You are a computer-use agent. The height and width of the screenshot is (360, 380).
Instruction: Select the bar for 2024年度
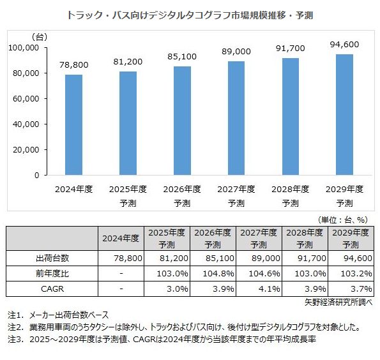tap(73, 125)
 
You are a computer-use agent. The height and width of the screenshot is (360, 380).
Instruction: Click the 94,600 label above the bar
tap(344, 45)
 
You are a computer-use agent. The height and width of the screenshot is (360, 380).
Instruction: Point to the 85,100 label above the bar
tap(181, 57)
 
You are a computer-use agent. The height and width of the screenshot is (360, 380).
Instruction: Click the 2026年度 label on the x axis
tap(181, 190)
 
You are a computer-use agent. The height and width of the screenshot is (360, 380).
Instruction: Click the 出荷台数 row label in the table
tap(52, 257)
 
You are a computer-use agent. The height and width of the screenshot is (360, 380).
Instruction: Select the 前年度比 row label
tap(52, 273)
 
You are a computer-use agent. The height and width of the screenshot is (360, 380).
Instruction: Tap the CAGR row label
tap(52, 289)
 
